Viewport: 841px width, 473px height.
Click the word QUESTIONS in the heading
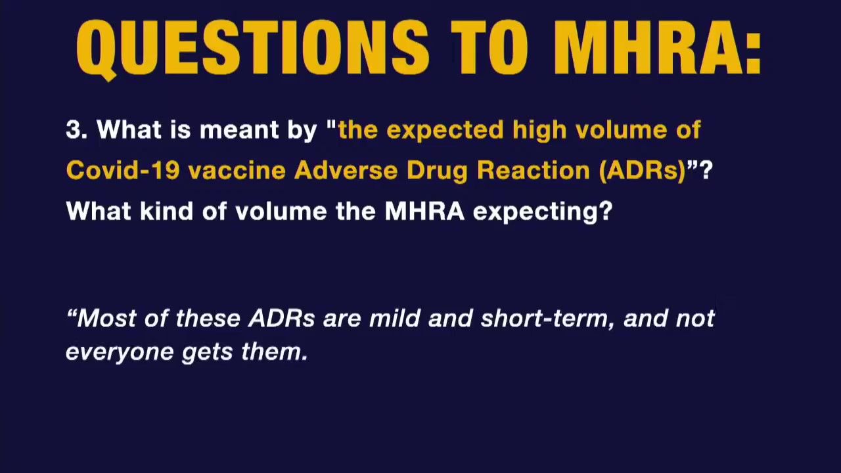click(252, 48)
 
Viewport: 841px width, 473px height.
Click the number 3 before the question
click(74, 129)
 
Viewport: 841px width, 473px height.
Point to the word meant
click(239, 129)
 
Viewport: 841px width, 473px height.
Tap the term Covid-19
click(122, 170)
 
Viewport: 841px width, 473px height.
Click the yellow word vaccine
click(237, 171)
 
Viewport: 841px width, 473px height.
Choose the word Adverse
click(346, 170)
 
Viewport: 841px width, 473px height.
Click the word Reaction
click(534, 170)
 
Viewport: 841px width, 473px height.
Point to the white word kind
click(166, 211)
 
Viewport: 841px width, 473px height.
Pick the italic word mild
click(394, 318)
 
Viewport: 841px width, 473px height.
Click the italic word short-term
click(547, 319)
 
